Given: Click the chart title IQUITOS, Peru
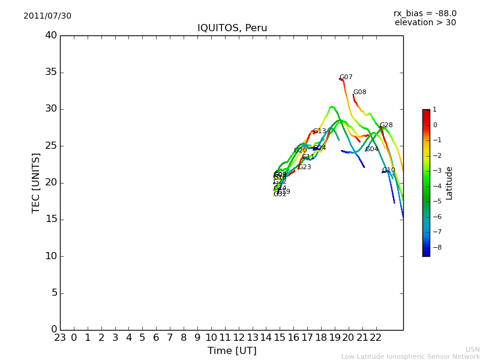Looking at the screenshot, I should [232, 28].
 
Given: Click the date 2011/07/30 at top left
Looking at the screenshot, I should [47, 16].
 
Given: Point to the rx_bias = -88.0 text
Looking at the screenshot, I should [425, 13].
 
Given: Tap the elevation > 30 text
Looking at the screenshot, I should [425, 23].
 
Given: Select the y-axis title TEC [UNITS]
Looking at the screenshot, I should [36, 182].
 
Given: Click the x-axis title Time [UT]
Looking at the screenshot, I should [232, 350].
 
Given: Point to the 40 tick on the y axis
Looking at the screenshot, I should [50, 35].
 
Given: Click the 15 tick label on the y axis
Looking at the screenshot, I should [50, 219].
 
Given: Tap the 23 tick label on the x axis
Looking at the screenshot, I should [60, 338].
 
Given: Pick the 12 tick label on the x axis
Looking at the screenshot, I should [239, 338].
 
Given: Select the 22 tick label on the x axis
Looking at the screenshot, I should [376, 338].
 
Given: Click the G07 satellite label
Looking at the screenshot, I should [346, 77].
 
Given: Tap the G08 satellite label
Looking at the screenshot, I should [359, 92].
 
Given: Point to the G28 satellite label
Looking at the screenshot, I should [386, 125].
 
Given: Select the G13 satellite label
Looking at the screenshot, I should [320, 131].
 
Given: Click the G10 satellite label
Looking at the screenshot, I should [389, 170].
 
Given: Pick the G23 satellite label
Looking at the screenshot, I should [304, 167].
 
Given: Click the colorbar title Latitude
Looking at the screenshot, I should [449, 183].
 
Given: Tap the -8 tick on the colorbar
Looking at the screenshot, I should [435, 247].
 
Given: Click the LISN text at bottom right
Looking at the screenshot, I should [472, 349].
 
